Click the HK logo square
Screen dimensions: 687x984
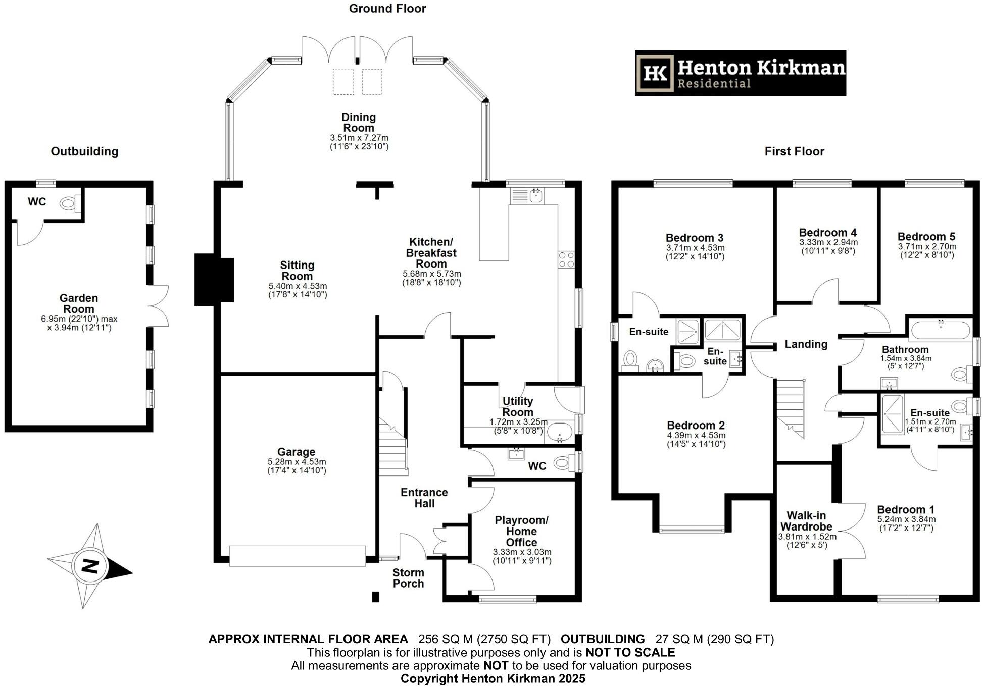(655, 73)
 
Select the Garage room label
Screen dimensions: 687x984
(296, 452)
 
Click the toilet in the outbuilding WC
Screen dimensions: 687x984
(69, 203)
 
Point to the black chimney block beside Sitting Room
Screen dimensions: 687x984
(214, 281)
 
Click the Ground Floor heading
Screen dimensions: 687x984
(387, 9)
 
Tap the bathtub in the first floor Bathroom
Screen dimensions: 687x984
(940, 331)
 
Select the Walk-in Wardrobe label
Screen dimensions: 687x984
(806, 521)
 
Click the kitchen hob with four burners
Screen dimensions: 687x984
(566, 259)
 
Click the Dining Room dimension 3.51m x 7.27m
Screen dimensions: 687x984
(359, 138)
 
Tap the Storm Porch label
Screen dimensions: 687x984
(408, 578)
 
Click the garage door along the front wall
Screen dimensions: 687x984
(297, 555)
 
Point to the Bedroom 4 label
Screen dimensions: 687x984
(827, 233)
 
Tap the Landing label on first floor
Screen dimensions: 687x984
(806, 344)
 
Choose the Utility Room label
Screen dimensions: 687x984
(518, 406)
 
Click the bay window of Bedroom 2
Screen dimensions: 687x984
(692, 530)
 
